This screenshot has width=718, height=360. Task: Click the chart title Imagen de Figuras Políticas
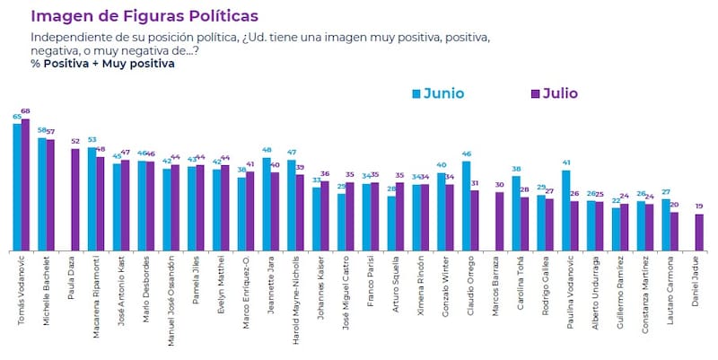tap(144, 16)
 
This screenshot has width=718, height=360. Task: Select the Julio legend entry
tap(553, 92)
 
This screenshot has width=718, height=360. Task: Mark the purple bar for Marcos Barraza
tap(499, 221)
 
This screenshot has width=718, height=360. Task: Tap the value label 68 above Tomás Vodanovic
tap(26, 111)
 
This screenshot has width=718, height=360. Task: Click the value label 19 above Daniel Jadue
tap(699, 206)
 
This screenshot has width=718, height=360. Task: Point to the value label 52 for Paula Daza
tap(74, 141)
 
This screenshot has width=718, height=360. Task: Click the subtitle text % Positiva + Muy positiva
tap(90, 63)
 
